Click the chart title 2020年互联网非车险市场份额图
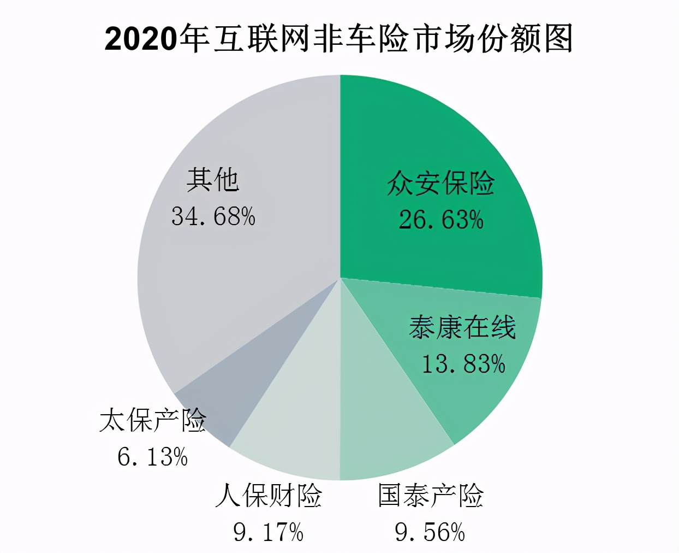(x=338, y=39)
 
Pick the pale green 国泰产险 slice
(x=382, y=426)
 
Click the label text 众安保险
(x=440, y=183)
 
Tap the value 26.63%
(x=440, y=220)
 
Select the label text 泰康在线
(x=462, y=328)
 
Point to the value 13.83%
(x=463, y=364)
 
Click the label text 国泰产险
(x=431, y=496)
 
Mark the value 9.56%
(x=430, y=532)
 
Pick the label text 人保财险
(x=269, y=496)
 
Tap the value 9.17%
(x=268, y=532)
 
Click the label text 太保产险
(x=153, y=420)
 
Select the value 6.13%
(x=152, y=457)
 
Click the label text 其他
(x=213, y=179)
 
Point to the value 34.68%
(x=213, y=216)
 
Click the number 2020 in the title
(x=141, y=40)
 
